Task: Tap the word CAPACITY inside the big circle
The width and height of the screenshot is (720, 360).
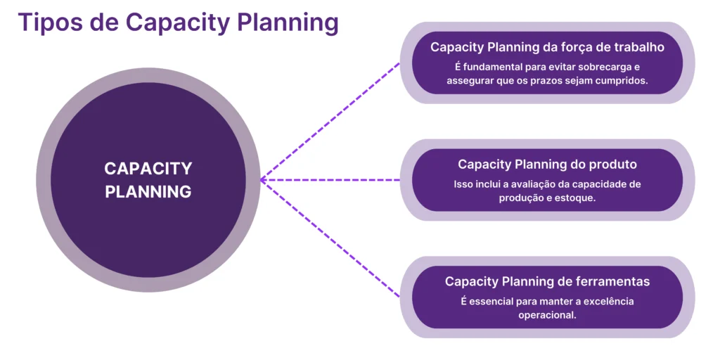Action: tap(148, 169)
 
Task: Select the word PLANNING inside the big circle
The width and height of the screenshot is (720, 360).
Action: tap(148, 191)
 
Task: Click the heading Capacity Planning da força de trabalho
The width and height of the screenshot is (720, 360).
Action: tap(547, 47)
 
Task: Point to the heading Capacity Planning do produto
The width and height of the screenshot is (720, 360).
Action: tap(547, 165)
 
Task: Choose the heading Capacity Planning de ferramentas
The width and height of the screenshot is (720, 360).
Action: tap(547, 281)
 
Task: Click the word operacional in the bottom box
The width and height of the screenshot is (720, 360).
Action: tap(547, 315)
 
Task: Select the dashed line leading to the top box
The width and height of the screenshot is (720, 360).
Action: tap(330, 120)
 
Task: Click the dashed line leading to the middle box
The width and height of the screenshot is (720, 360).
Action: tap(330, 180)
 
